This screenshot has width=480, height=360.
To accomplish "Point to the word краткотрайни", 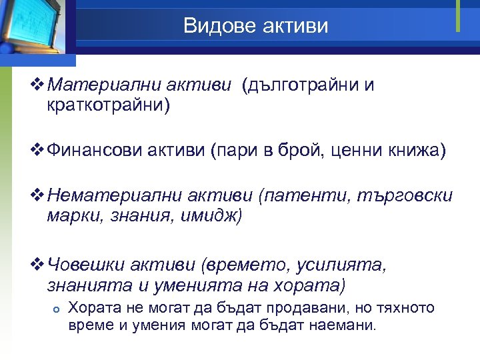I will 109,105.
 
